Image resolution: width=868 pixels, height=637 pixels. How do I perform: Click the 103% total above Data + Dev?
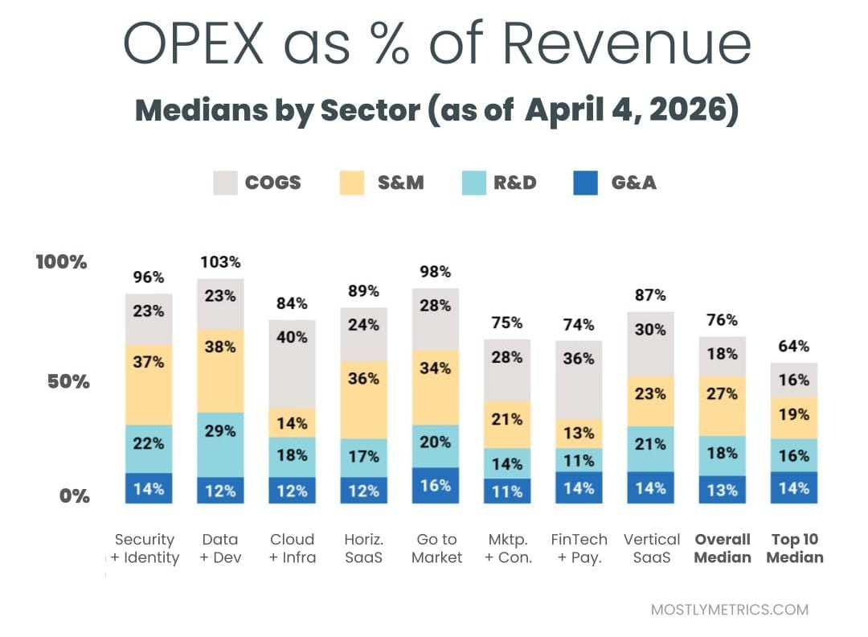pos(220,261)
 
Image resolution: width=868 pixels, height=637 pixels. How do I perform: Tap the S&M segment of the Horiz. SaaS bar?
pos(363,400)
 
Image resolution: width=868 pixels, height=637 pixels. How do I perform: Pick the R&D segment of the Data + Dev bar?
pos(220,444)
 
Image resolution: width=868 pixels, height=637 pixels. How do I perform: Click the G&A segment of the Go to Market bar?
pos(436,485)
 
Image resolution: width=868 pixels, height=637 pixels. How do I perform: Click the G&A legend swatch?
pos(586,183)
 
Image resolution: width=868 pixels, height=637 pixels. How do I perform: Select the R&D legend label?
pos(514,183)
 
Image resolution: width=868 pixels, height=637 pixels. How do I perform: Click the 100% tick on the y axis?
pos(61,262)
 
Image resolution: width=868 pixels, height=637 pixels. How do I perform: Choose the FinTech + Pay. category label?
pos(579,549)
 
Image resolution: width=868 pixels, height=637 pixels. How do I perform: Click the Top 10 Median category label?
pos(794,549)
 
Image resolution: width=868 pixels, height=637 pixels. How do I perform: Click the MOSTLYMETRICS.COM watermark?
pos(729,610)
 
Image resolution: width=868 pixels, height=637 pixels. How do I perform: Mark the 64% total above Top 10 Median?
pos(794,347)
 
